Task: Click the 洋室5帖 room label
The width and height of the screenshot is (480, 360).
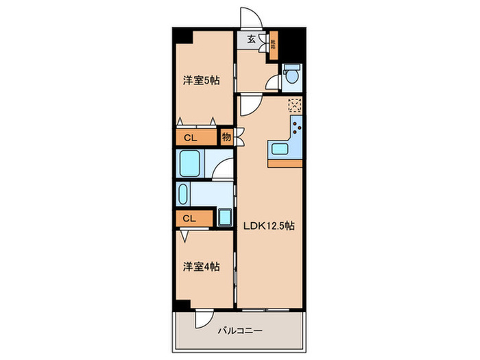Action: coord(201,80)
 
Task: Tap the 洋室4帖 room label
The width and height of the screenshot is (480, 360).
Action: coord(201,267)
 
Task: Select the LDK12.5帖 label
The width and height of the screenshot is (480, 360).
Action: coord(267,226)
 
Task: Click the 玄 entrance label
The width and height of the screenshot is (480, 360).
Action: coord(251,40)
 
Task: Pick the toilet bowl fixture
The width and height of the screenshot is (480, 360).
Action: coord(291,74)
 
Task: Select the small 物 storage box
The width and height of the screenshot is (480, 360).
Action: coord(226,136)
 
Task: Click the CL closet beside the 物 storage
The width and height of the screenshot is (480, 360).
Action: coord(191,137)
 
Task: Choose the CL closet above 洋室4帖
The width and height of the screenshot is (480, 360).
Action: coord(190,218)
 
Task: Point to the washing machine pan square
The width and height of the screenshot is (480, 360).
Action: coord(226,218)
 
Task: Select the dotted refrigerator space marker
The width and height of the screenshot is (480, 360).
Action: coord(294,105)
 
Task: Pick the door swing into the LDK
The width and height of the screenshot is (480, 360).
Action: coord(249,104)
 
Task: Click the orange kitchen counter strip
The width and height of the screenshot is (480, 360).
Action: coord(286,163)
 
